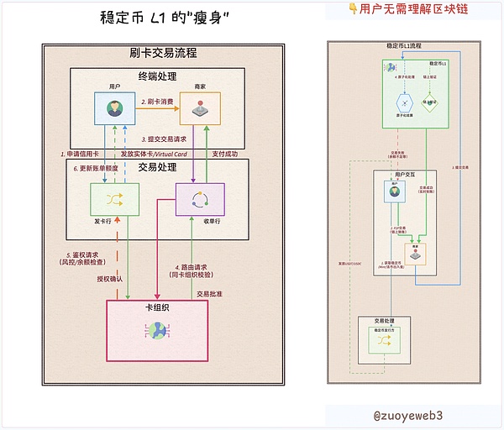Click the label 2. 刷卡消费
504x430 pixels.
[x=157, y=102]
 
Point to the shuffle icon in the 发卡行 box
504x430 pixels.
[x=115, y=199]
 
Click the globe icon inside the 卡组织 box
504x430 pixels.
[x=157, y=332]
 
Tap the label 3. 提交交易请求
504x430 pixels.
[x=164, y=138]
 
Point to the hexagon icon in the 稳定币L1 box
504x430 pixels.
[x=405, y=103]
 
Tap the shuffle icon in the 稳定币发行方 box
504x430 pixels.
[x=385, y=343]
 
